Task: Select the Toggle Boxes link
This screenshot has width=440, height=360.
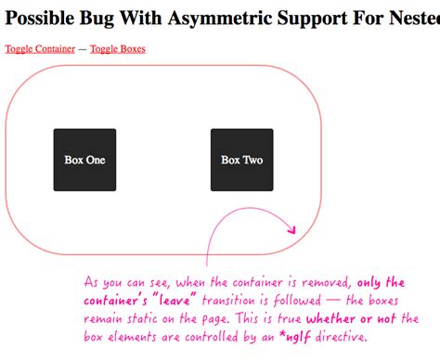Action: click(118, 48)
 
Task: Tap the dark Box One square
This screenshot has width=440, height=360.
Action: click(84, 160)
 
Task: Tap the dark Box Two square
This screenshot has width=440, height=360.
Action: click(241, 160)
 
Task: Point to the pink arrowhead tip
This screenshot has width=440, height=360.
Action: click(294, 232)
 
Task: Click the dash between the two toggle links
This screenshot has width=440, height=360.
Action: click(83, 48)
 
